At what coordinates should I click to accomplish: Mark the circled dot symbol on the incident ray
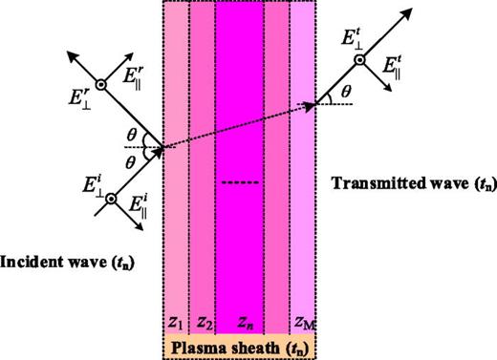pos(111,198)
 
